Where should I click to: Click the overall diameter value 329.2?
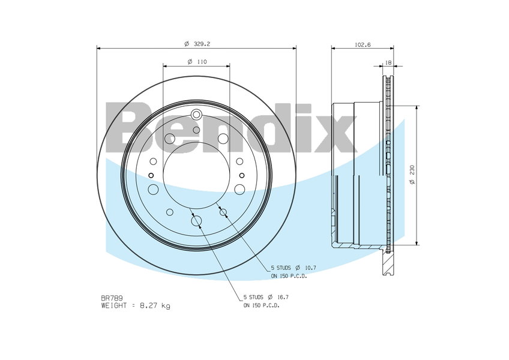click(200, 44)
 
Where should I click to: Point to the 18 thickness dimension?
click(388, 62)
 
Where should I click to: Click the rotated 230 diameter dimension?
click(412, 175)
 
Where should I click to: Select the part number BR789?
click(112, 298)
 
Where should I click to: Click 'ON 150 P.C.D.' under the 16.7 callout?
click(261, 305)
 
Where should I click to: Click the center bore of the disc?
click(196, 175)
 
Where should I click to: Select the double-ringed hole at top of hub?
click(196, 115)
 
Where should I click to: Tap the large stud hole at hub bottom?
click(196, 221)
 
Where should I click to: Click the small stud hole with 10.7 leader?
click(223, 212)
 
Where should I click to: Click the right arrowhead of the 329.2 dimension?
click(294, 49)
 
